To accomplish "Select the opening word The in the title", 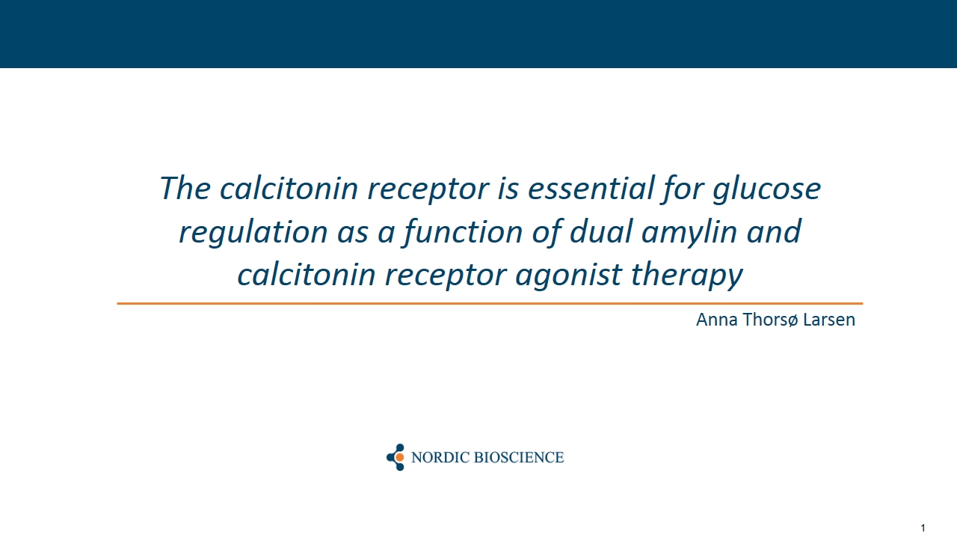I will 185,188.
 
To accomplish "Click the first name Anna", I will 716,320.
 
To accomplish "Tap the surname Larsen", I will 829,320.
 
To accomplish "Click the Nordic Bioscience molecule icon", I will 396,457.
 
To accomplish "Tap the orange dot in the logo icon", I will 399,457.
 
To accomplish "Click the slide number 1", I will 923,528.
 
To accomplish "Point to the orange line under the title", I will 490,303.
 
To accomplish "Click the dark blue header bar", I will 478,34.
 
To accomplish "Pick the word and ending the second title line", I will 773,231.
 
